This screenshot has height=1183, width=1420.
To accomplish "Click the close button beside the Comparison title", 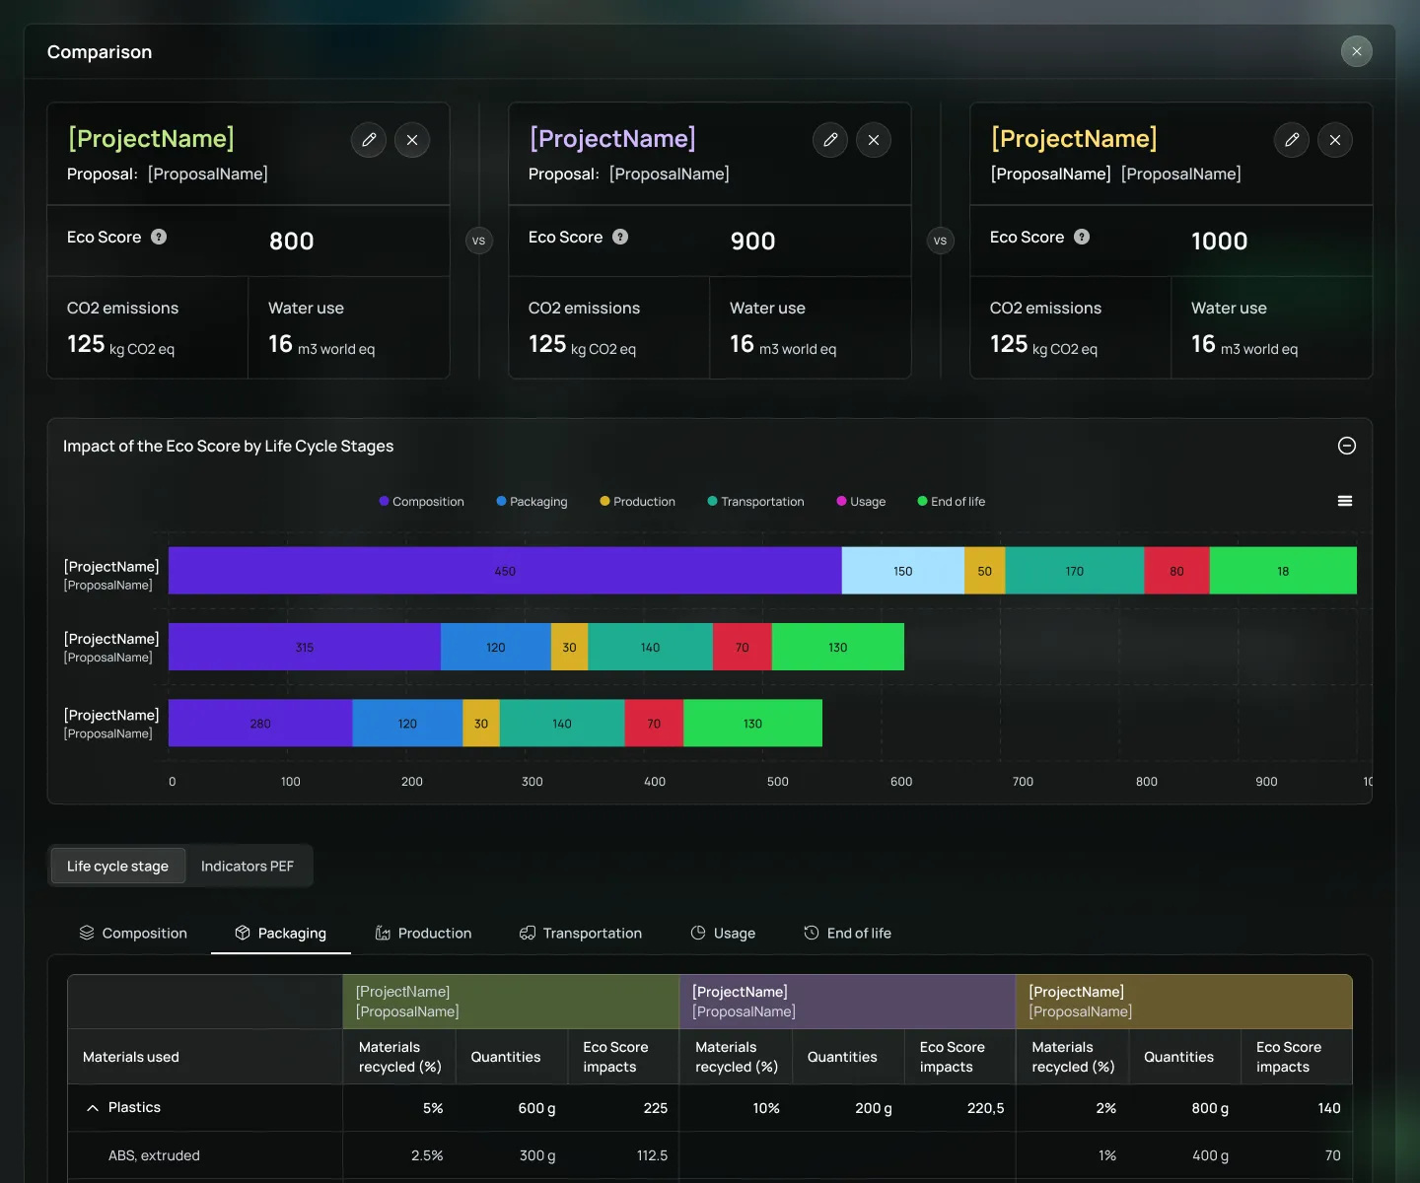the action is point(1356,51).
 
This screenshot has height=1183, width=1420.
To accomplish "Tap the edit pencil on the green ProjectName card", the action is point(369,140).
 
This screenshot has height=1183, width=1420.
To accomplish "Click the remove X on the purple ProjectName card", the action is point(874,140).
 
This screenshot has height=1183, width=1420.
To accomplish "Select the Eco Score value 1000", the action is point(1219,241).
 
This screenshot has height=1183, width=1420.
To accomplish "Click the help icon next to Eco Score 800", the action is point(159,237).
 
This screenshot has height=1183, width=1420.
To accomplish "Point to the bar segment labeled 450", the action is point(505,571).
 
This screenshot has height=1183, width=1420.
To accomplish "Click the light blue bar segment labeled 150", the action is point(902,571).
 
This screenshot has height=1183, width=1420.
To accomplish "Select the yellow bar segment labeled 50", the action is point(984,571).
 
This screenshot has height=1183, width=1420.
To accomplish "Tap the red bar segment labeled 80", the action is point(1176,571).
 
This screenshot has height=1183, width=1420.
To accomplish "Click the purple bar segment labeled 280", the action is point(260,723).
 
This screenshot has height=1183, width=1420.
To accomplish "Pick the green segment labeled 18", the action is point(1283,571).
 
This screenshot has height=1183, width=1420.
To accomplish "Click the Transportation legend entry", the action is point(755,501).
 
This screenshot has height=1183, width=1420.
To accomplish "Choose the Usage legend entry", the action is point(861,501).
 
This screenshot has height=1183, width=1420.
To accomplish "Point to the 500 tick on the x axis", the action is point(777,781).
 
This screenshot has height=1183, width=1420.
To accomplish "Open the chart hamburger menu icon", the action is point(1344,501).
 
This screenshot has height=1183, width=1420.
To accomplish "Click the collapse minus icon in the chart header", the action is point(1347,446).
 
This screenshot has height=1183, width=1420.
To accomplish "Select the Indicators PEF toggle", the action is point(247,866).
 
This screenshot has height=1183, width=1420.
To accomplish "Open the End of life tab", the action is point(847,933).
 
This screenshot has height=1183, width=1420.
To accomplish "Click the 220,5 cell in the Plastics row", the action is point(985,1107).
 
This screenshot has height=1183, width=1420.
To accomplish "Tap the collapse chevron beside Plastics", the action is point(93,1107).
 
